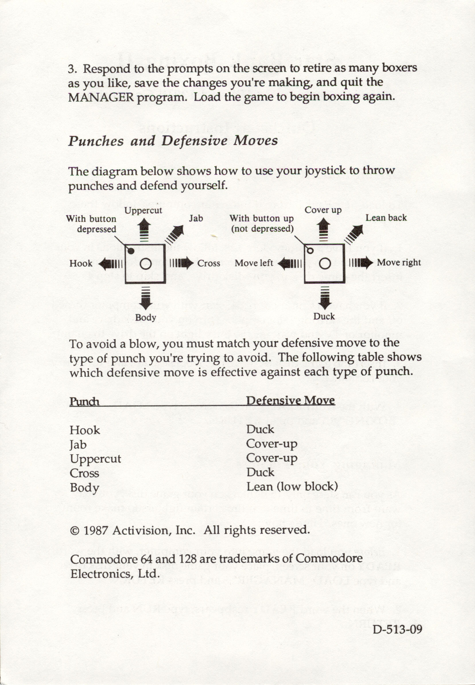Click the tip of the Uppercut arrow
pyautogui.click(x=144, y=219)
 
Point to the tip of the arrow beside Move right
pyautogui.click(x=373, y=263)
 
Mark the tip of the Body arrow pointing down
pyautogui.click(x=145, y=310)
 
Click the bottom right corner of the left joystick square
pyautogui.click(x=165, y=283)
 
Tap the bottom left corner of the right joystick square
pyautogui.click(x=305, y=283)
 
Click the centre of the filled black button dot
pyautogui.click(x=131, y=251)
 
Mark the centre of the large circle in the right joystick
pyautogui.click(x=325, y=264)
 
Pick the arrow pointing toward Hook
pyautogui.click(x=110, y=264)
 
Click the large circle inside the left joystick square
pyautogui.click(x=146, y=264)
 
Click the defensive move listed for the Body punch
pyautogui.click(x=292, y=486)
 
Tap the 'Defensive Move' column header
pyautogui.click(x=290, y=400)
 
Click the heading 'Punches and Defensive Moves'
pyautogui.click(x=173, y=141)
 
